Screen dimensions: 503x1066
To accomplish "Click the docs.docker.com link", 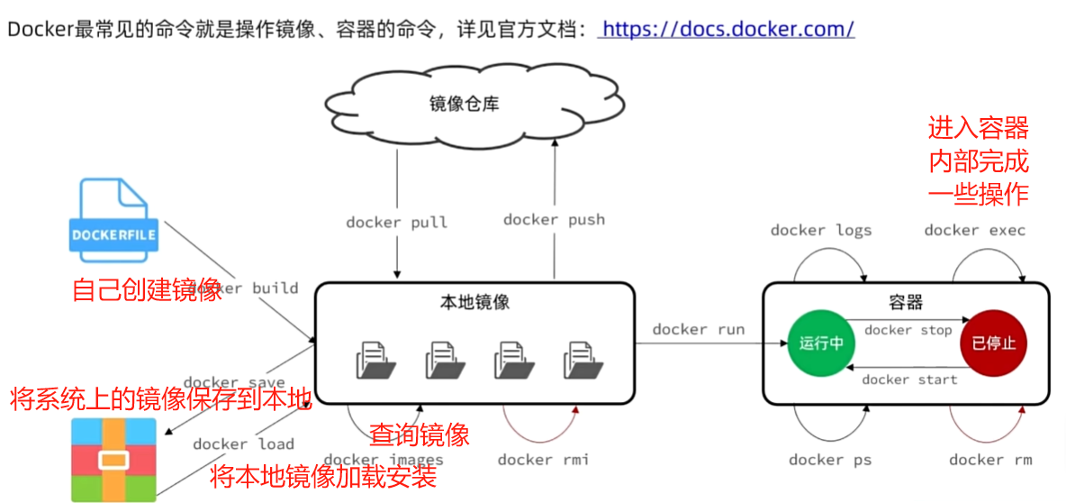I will [727, 29].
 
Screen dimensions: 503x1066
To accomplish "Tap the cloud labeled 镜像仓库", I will [464, 105].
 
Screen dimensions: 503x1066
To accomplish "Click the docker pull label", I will [396, 222].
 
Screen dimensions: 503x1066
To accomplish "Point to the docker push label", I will [554, 219].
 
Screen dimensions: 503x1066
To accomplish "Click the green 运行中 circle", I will [821, 343].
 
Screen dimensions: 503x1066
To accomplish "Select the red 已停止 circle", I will [993, 343].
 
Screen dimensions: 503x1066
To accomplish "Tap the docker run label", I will [699, 329].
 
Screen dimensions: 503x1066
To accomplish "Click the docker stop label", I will [908, 330].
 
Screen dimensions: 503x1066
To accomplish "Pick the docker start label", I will [908, 380].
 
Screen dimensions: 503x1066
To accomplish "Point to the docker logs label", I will [821, 230].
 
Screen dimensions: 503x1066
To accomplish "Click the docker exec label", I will [974, 230].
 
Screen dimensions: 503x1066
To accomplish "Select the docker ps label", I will [829, 460].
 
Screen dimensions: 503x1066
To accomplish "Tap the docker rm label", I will [990, 460].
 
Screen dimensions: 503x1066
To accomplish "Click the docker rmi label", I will [543, 460].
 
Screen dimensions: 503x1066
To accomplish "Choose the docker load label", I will [243, 444].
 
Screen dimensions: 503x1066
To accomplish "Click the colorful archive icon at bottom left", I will [113, 460].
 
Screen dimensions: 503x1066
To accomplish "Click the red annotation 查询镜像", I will [420, 435].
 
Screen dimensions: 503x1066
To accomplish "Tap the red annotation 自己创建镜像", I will [147, 290].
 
